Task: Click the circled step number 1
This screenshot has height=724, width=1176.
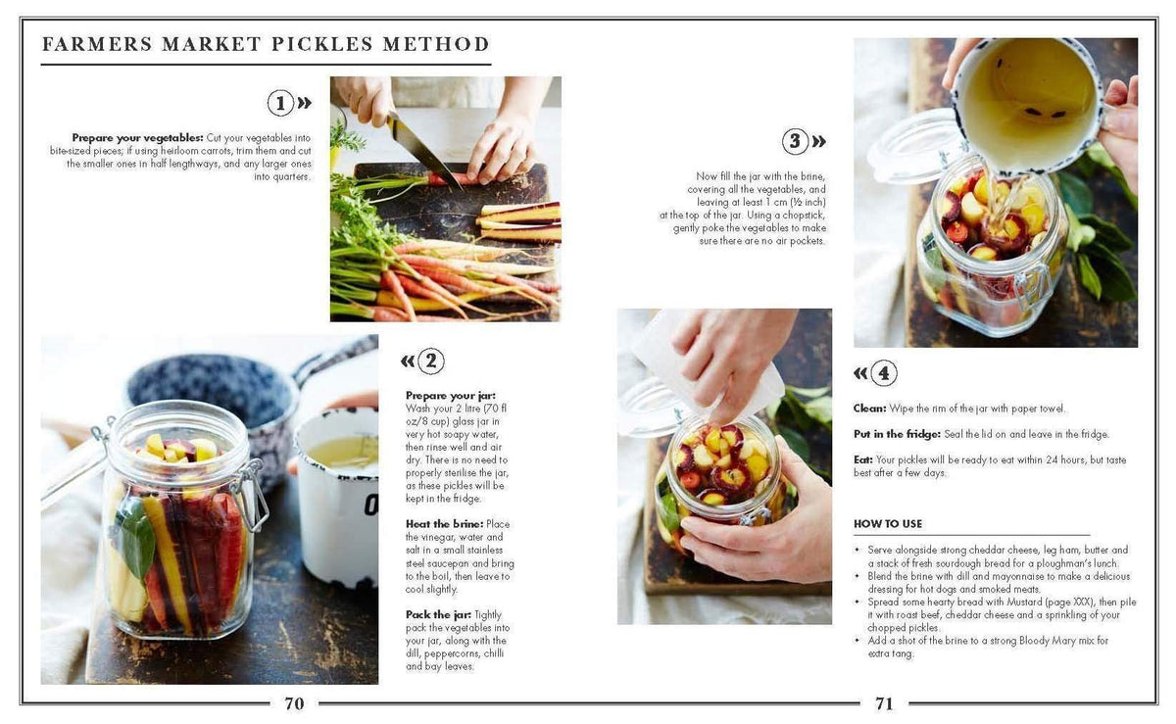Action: [280, 103]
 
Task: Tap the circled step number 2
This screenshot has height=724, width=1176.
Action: [430, 361]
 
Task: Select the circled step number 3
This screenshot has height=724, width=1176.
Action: [795, 141]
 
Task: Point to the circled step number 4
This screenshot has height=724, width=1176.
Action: [883, 372]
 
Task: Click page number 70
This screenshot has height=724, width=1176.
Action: [294, 702]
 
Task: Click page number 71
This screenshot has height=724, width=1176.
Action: [884, 702]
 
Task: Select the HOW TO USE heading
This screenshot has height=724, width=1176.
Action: [887, 524]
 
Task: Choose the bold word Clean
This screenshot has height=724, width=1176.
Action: [869, 409]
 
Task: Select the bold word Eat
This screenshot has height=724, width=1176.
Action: [862, 459]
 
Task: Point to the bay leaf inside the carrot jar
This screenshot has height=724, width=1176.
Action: [136, 539]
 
